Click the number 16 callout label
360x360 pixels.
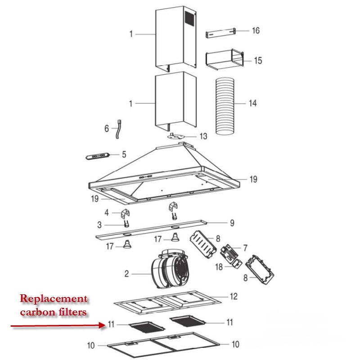tap(256, 31)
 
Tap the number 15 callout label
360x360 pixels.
tap(257, 60)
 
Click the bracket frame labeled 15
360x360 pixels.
tap(224, 60)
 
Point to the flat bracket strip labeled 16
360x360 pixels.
tap(221, 33)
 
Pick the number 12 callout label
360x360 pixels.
tap(234, 297)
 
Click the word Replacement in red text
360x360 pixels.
tap(53, 299)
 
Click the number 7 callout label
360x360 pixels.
tap(245, 247)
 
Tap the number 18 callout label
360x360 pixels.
tap(219, 267)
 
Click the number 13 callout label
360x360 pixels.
tap(203, 136)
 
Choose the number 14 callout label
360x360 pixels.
tap(252, 103)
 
